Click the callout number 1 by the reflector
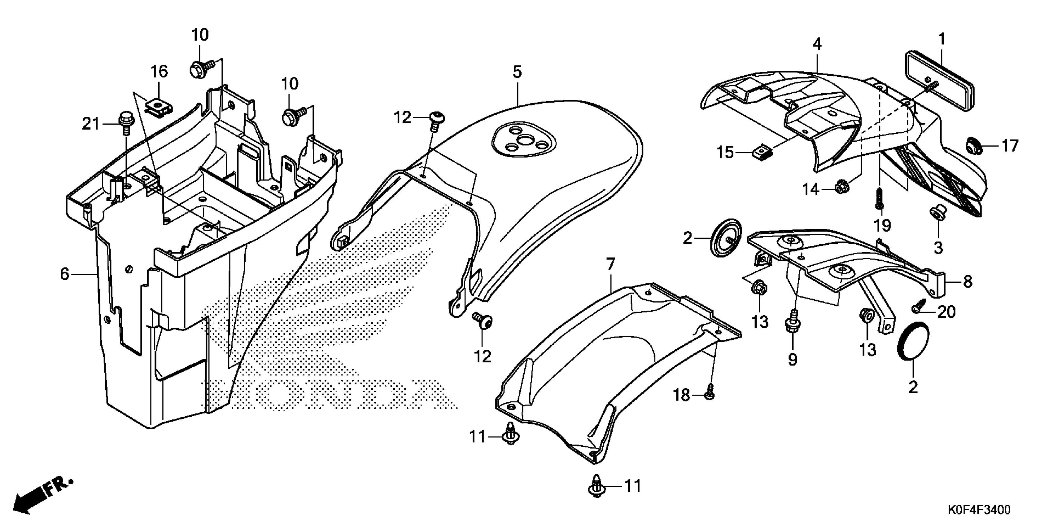point(942,40)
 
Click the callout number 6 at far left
point(65,274)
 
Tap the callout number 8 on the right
point(968,281)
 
